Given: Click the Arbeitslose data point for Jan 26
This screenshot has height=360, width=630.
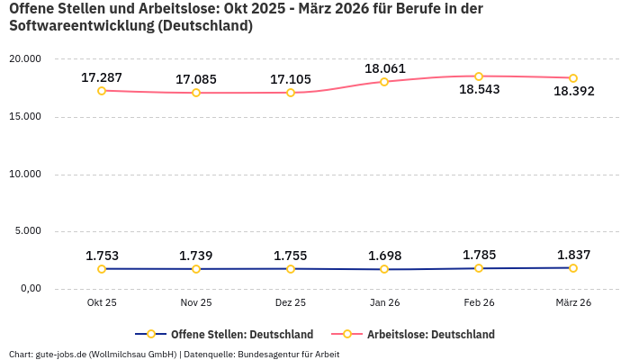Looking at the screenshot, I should click(x=384, y=82).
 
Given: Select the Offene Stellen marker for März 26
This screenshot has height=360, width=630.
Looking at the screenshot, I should click(x=573, y=268).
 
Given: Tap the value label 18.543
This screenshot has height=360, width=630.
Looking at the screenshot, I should click(x=479, y=90).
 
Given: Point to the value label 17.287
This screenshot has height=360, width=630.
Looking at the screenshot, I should click(x=102, y=78).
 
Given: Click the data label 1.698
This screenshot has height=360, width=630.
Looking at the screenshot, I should click(x=384, y=256).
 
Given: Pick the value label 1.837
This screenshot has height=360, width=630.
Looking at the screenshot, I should click(x=573, y=255).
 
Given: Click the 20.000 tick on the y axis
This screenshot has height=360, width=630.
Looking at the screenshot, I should click(x=25, y=59).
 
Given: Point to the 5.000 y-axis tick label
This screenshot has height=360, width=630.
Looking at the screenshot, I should click(x=28, y=231).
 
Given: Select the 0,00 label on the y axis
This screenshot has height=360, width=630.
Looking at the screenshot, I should click(x=30, y=289).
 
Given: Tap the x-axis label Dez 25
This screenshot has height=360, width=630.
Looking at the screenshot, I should click(x=291, y=303).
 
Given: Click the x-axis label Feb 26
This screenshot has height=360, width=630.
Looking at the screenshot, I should click(x=479, y=303).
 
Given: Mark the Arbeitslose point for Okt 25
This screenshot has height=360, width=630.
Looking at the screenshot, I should click(x=102, y=91).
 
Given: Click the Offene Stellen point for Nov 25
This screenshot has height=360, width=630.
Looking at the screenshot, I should click(x=196, y=269).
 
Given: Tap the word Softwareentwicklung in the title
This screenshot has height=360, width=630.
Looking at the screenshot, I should click(x=81, y=26).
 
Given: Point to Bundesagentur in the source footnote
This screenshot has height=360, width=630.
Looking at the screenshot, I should click(x=269, y=355).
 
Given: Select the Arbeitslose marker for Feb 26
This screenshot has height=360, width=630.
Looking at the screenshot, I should click(x=479, y=76).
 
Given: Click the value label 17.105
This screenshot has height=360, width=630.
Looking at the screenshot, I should click(x=291, y=79).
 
